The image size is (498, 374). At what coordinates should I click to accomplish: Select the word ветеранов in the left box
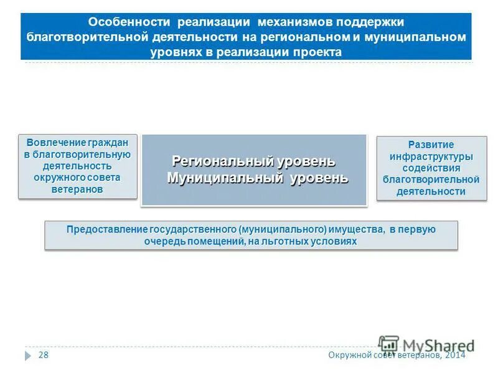tap(77, 189)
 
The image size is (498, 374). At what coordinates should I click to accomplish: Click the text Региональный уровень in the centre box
tap(253, 161)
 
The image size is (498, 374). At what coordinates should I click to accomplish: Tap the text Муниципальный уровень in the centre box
tap(257, 178)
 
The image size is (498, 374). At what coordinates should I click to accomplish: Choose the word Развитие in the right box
tap(431, 145)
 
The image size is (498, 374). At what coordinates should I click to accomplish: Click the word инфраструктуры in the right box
tap(431, 156)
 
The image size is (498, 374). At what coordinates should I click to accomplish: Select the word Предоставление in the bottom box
tap(106, 229)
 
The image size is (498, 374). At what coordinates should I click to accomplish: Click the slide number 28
tap(44, 355)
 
